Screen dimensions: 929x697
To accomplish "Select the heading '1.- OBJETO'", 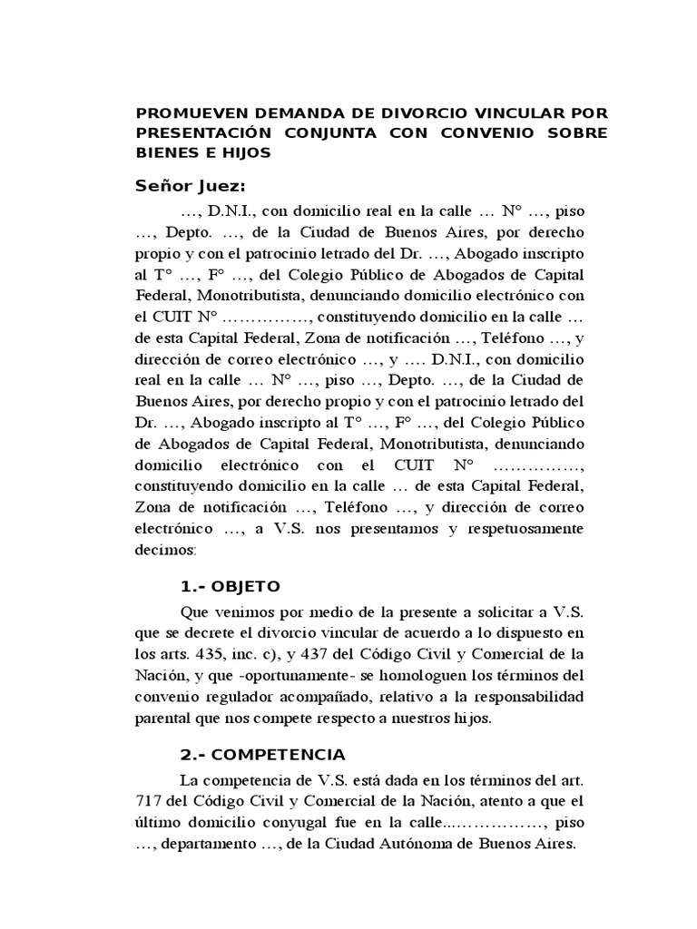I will point(231,585).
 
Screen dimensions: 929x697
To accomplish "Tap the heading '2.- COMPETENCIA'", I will point(262,754).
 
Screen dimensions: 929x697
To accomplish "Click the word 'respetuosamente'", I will point(531,528).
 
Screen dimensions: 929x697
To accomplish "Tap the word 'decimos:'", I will point(163,550).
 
